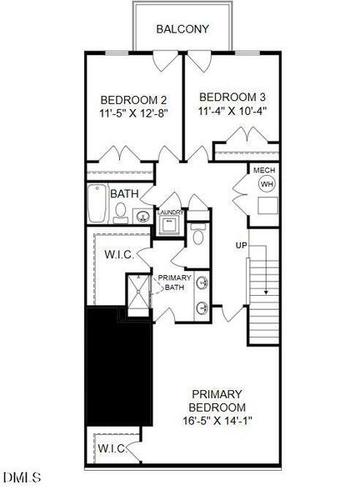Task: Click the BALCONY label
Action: [x=182, y=29]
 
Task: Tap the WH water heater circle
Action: [x=266, y=183]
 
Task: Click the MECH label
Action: [x=264, y=170]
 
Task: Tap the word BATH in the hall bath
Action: [x=124, y=194]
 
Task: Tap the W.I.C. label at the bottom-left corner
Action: [x=112, y=449]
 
